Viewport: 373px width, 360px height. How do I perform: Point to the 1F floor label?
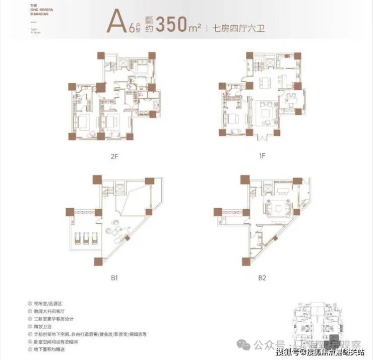262,157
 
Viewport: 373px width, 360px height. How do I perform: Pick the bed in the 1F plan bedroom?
233,119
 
